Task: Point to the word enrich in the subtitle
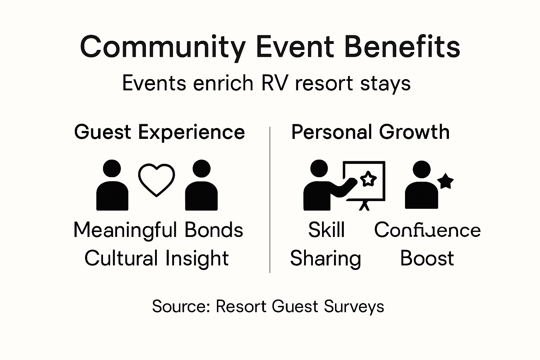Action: tap(223, 84)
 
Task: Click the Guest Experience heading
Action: tap(159, 133)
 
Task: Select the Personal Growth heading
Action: tap(370, 133)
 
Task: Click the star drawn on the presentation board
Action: tap(368, 179)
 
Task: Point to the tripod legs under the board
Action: tap(365, 205)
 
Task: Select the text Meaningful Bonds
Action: tap(158, 230)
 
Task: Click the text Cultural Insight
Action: tap(156, 258)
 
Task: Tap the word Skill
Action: tap(326, 230)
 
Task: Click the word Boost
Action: tap(427, 258)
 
